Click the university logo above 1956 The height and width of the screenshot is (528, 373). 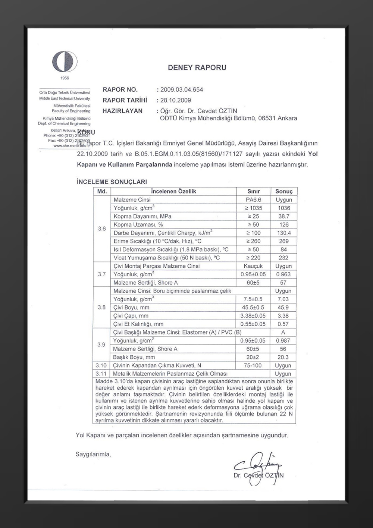click(x=65, y=62)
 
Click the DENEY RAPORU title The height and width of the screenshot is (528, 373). click(x=197, y=67)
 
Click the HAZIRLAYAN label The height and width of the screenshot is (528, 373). click(x=122, y=111)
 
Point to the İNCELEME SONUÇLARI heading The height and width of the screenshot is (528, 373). click(x=112, y=182)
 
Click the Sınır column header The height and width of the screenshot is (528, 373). click(x=254, y=191)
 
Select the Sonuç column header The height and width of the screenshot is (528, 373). click(x=284, y=191)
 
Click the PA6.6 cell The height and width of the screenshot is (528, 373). click(x=254, y=200)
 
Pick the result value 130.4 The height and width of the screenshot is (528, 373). click(x=284, y=233)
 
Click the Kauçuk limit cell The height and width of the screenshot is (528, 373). click(x=253, y=266)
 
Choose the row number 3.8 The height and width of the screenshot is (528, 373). click(x=102, y=308)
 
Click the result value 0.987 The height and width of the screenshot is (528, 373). click(x=283, y=341)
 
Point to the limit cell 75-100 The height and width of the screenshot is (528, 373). click(x=253, y=366)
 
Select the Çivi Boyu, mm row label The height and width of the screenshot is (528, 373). click(x=131, y=308)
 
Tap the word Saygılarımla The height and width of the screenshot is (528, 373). click(x=93, y=454)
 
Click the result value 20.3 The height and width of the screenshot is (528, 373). click(x=283, y=357)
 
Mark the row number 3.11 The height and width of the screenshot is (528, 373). click(x=101, y=374)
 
